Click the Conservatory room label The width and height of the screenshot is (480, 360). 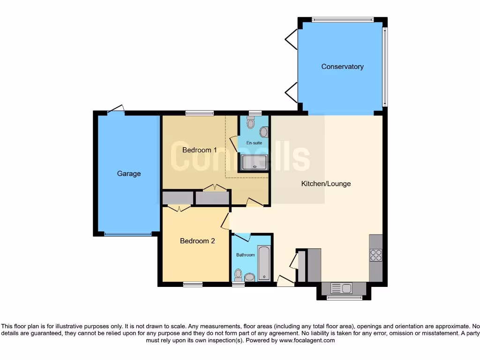click(342, 67)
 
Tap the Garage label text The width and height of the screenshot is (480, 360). click(129, 173)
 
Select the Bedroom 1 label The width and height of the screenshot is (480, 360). click(199, 150)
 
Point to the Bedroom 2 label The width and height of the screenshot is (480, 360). click(197, 241)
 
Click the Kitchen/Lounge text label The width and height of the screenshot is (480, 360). click(326, 184)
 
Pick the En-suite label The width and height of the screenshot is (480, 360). click(254, 142)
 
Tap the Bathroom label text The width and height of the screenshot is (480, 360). click(245, 255)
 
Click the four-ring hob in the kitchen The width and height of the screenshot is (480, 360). click(376, 255)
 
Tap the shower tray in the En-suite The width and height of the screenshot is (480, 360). click(254, 162)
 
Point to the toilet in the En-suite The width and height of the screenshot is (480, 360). click(250, 123)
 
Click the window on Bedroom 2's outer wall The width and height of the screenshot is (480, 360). click(193, 284)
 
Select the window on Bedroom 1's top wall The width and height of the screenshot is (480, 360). click(199, 113)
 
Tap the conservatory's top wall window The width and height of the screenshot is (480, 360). click(343, 20)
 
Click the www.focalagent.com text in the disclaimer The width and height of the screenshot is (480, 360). click(307, 341)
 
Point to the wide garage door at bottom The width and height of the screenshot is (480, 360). click(127, 234)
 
